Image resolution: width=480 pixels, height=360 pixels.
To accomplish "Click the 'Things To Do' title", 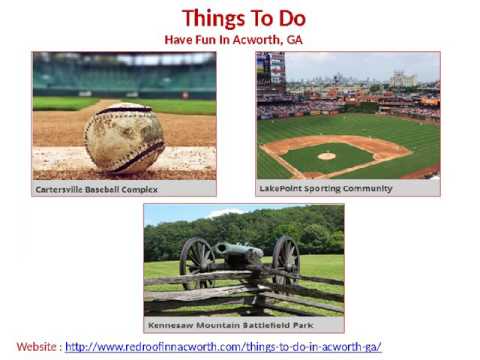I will coord(244,18).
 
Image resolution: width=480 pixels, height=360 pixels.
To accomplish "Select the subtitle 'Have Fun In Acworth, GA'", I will coord(233,39).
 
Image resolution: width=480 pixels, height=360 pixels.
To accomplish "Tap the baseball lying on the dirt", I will coord(124,138).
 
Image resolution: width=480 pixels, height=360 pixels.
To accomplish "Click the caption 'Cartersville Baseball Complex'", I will coord(98,188).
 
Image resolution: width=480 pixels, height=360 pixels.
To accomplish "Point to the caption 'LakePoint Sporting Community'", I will coord(325,188).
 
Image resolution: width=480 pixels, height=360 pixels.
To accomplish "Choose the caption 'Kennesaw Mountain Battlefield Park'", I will coord(228,325).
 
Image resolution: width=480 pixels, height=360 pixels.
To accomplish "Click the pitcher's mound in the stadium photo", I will coord(327,156).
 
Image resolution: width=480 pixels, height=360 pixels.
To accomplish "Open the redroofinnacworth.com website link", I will coord(223,347).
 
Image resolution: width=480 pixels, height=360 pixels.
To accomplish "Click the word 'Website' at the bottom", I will coord(36,347).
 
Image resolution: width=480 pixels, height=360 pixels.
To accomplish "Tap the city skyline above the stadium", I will coord(350,75).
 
